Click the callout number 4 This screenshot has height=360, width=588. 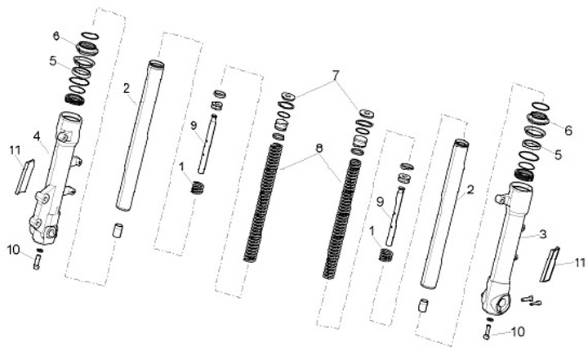click(x=36, y=135)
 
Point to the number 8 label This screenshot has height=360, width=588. click(x=318, y=148)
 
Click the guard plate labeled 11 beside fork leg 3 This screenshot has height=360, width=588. click(x=553, y=262)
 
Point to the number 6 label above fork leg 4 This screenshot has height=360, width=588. click(x=56, y=36)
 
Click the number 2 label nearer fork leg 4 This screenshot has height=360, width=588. click(x=127, y=87)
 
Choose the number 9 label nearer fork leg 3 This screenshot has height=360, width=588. click(x=380, y=201)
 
